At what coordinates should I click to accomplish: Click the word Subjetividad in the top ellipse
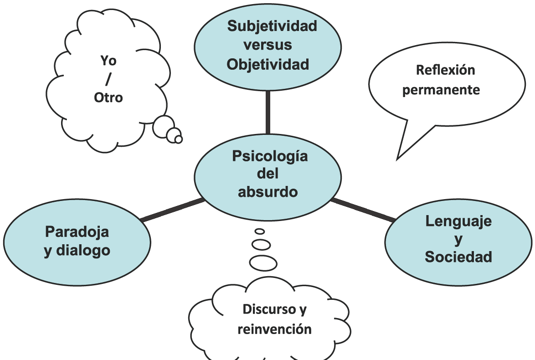[x=272, y=26]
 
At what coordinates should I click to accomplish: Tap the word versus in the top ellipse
[x=267, y=45]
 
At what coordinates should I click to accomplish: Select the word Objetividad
[x=268, y=64]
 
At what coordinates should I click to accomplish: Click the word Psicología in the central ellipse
[x=270, y=156]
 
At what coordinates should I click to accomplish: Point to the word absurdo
[x=267, y=191]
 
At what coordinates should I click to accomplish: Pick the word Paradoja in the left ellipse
[x=77, y=231]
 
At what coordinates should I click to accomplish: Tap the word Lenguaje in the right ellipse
[x=458, y=221]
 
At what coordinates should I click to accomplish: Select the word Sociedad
[x=458, y=257]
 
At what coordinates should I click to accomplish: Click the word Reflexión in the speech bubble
[x=445, y=70]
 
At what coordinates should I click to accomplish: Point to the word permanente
[x=441, y=90]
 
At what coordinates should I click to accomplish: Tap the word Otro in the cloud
[x=108, y=98]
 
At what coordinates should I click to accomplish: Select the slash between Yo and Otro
[x=108, y=79]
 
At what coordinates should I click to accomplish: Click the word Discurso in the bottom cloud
[x=269, y=309]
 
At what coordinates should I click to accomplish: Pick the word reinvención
[x=274, y=329]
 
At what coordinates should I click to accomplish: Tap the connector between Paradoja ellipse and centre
[x=172, y=210]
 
